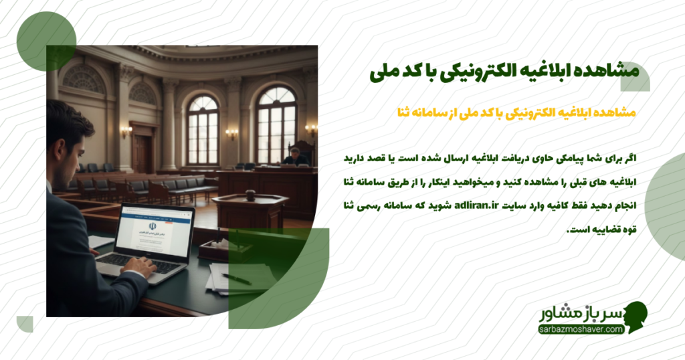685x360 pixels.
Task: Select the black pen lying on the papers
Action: coord(235,278)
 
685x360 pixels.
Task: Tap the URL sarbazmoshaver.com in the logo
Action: coord(580,329)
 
